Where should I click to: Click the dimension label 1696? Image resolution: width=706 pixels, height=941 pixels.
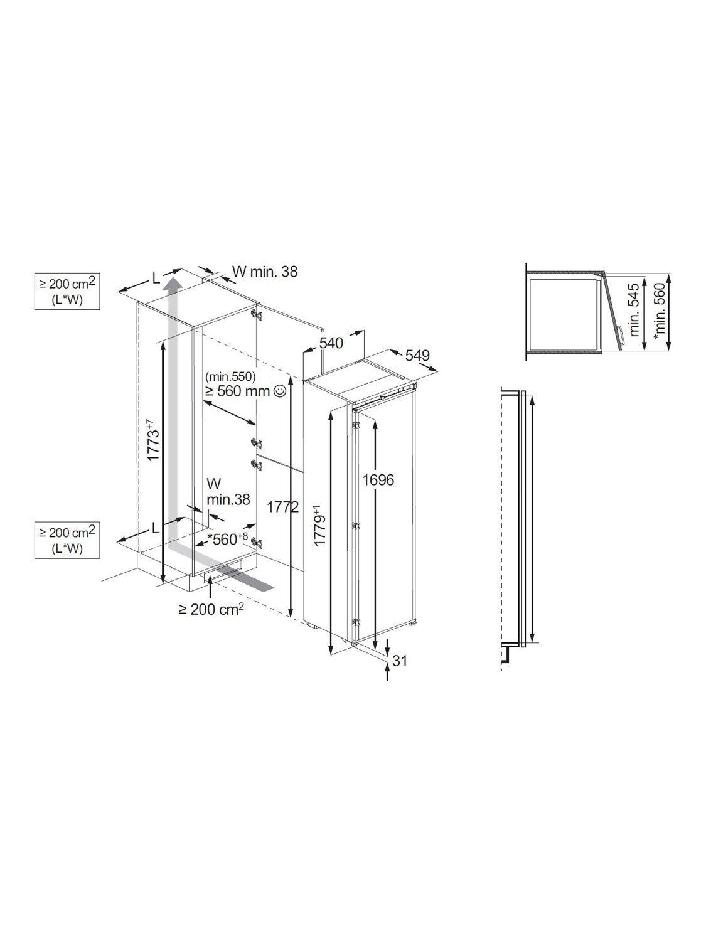pos(378,480)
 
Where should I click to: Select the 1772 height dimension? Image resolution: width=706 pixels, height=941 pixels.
pos(283,507)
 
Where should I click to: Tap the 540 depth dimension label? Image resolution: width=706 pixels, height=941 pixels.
pos(331,343)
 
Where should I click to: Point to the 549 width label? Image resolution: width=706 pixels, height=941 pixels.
pos(417,355)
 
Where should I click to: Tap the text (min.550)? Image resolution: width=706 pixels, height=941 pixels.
pos(230,376)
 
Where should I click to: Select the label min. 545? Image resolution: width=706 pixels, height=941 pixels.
pos(634,309)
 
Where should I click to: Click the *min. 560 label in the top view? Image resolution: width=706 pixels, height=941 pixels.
pos(660,312)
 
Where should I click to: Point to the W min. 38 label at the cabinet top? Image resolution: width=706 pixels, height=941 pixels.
pos(265,272)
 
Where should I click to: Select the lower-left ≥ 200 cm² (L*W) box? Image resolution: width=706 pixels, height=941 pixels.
pos(67,540)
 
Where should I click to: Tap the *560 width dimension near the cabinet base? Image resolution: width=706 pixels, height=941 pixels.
pos(227,539)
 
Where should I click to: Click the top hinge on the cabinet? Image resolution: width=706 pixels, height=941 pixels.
pos(258,314)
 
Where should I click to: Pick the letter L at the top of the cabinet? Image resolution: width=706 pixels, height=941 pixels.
pos(156,279)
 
